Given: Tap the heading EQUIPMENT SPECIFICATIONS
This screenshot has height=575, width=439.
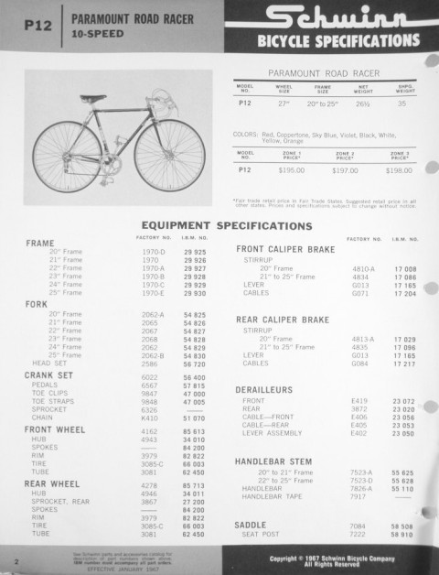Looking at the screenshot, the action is (221, 225).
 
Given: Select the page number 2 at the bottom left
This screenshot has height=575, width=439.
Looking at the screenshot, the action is (17, 557).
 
